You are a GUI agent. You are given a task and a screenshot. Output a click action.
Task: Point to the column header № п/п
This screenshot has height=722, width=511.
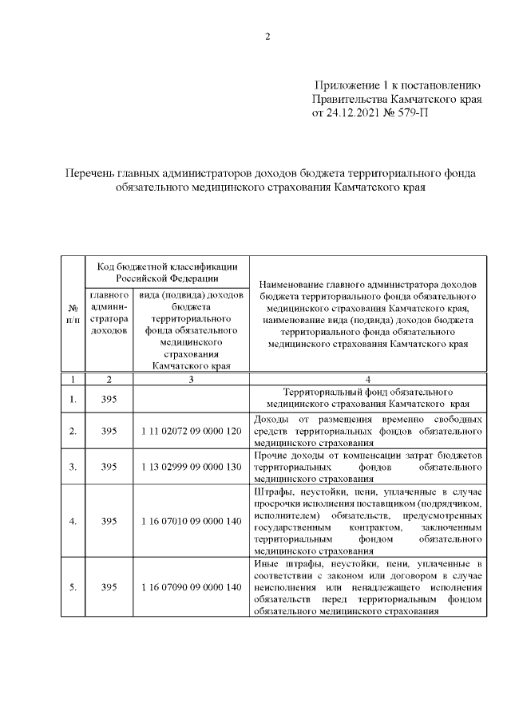pyautogui.click(x=73, y=314)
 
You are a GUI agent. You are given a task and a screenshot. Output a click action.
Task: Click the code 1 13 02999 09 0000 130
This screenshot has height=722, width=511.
pyautogui.click(x=191, y=467)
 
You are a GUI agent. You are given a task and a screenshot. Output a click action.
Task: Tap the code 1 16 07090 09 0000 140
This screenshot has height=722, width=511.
pyautogui.click(x=191, y=587)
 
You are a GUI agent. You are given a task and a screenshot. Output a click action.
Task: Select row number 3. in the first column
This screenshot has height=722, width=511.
pyautogui.click(x=73, y=467)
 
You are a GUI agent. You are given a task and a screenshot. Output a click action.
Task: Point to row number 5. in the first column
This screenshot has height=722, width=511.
pyautogui.click(x=73, y=587)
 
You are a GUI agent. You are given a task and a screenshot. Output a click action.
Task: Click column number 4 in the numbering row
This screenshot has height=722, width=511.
pyautogui.click(x=368, y=379)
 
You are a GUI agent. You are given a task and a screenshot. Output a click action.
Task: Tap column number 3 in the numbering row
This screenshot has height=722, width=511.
pyautogui.click(x=191, y=379)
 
